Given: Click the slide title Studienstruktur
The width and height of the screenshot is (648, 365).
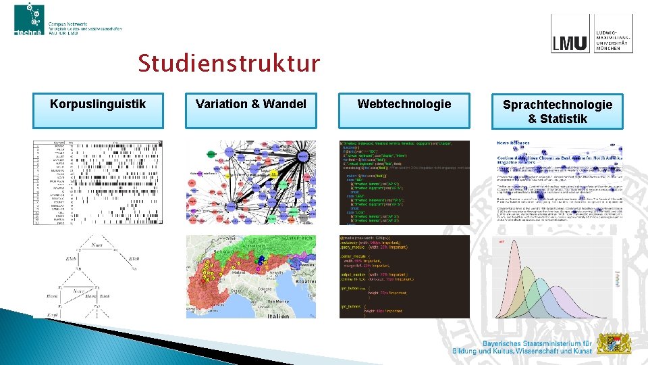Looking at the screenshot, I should tap(229, 64).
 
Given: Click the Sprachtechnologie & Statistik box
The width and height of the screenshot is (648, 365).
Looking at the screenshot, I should tap(558, 112).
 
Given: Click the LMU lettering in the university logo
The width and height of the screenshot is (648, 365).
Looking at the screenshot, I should tap(570, 43).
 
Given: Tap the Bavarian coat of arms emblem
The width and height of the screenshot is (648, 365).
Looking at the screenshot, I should tap(615, 343).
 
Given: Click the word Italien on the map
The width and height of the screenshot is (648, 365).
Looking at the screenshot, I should tap(277, 315).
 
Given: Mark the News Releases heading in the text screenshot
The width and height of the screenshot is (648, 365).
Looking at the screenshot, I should tap(514, 143).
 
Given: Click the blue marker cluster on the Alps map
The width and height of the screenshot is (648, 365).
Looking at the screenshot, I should tap(260, 260).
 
